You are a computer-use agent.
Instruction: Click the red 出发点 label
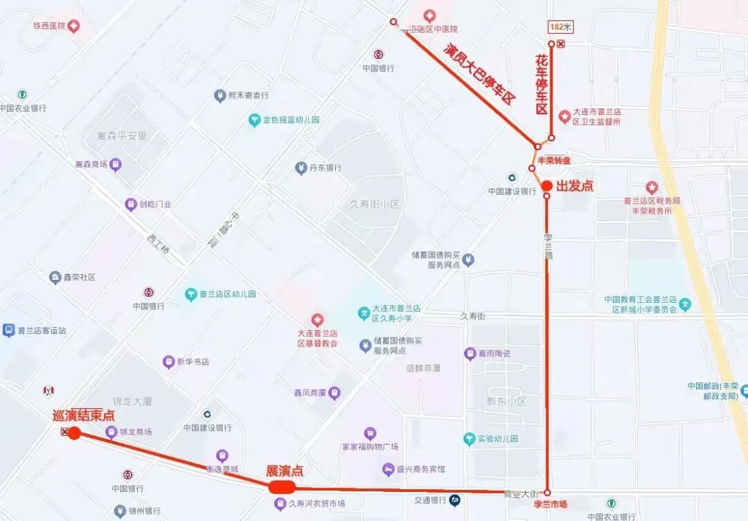[x=575, y=186]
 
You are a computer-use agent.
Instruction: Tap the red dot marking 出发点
[x=546, y=186]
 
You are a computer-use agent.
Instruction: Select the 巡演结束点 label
[x=84, y=416]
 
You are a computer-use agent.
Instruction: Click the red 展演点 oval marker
[x=282, y=487]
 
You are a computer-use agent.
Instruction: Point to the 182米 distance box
[x=560, y=27]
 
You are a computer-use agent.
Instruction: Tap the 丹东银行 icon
[x=301, y=168]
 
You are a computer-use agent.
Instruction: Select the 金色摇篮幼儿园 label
[x=291, y=120]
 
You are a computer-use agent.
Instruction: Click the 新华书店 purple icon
[x=169, y=362]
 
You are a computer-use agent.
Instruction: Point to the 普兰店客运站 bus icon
[x=8, y=330]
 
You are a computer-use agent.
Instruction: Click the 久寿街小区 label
[x=375, y=204]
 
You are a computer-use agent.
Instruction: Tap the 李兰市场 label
[x=550, y=504]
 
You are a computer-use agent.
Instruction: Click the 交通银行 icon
[x=455, y=500]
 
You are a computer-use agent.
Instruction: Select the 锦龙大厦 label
[x=132, y=401]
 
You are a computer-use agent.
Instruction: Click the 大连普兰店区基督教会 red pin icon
[x=317, y=319]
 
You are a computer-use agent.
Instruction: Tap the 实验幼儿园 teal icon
[x=470, y=439]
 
